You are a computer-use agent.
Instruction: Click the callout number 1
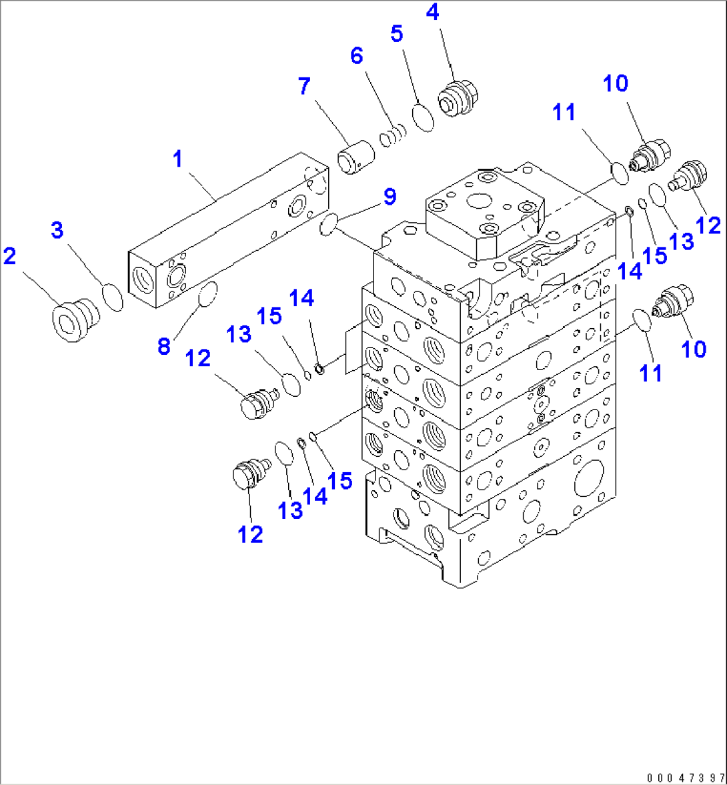[x=177, y=159]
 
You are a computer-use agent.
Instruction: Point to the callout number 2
[x=9, y=255]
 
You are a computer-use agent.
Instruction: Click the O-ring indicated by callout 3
[x=113, y=297]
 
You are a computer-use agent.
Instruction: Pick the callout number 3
[x=57, y=230]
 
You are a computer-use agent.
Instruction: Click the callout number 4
[x=433, y=13]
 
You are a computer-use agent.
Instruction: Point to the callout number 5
[x=397, y=33]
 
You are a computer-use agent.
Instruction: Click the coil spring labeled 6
[x=392, y=135]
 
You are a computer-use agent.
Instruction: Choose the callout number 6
[x=357, y=56]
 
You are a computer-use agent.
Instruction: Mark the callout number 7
[x=304, y=86]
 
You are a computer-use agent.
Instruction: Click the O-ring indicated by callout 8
[x=207, y=294]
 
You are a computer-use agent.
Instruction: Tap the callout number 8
[x=164, y=346]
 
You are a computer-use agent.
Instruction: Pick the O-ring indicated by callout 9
[x=328, y=224]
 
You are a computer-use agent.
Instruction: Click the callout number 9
[x=389, y=197]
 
